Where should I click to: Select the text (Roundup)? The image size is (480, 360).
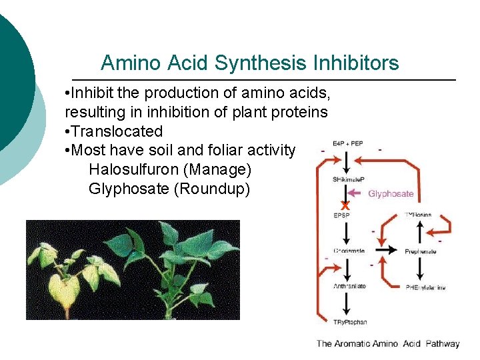coord(211,189)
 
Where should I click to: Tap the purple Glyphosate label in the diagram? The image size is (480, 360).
coord(391,194)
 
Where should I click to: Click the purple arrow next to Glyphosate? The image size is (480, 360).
coord(357,194)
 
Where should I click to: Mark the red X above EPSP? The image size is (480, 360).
coord(345,205)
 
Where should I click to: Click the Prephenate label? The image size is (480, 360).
coord(421,251)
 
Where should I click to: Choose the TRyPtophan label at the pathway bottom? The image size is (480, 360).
coord(349,322)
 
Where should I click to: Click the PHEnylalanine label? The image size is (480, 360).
coord(425,287)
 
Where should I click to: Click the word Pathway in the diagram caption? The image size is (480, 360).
coord(442,344)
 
